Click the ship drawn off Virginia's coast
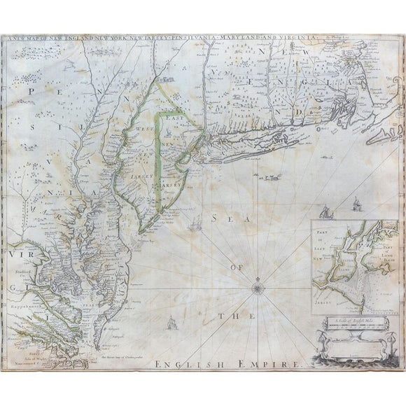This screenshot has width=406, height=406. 170,323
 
